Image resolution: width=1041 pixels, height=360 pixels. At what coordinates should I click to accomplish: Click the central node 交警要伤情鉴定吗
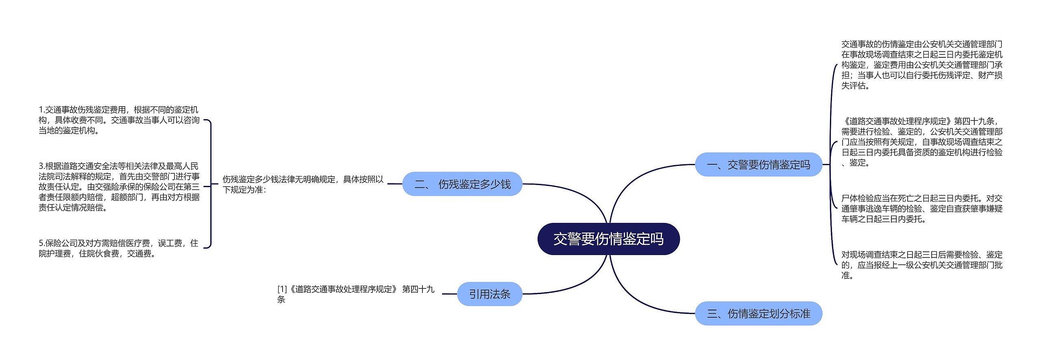(608, 239)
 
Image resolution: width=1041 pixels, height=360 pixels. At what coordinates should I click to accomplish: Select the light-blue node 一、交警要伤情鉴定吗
(758, 165)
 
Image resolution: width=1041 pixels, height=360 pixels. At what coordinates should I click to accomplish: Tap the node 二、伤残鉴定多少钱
(462, 184)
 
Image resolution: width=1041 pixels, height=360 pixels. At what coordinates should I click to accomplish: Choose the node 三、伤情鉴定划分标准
(758, 314)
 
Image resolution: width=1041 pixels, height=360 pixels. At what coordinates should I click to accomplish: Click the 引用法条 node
(490, 294)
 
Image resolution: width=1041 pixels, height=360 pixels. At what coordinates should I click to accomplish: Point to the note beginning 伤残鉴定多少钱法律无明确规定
(303, 184)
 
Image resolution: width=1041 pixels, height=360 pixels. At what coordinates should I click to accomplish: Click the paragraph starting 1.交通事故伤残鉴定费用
(119, 120)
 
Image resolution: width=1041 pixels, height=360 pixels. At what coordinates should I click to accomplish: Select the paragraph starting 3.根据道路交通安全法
(119, 187)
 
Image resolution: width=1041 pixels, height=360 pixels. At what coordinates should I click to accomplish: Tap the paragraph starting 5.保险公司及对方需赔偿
(119, 248)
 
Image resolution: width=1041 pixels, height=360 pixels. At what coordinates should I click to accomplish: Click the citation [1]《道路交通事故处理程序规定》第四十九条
(356, 294)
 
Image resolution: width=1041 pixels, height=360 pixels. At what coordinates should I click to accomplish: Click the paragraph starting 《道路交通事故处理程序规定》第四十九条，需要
(921, 142)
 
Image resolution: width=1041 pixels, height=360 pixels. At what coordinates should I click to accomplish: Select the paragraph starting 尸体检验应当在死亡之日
(921, 209)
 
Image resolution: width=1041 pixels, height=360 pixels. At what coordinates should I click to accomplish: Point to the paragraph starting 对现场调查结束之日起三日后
(921, 265)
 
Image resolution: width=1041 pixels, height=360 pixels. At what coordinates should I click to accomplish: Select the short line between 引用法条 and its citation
(449, 294)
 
